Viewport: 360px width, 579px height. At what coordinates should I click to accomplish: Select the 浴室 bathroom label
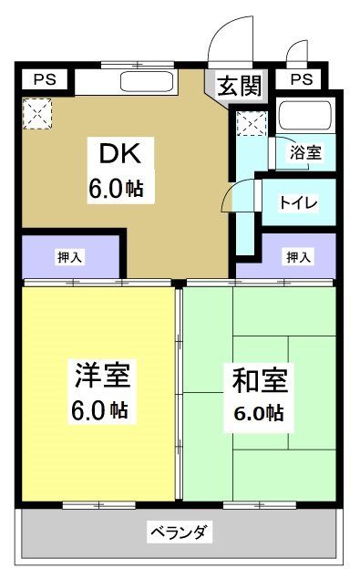(x=305, y=153)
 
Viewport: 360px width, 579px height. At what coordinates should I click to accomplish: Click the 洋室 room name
(x=102, y=374)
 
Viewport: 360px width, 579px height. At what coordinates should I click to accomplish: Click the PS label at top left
(x=44, y=80)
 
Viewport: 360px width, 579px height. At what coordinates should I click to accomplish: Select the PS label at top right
(x=302, y=80)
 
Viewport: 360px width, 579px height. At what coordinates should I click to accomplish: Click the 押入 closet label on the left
(x=69, y=257)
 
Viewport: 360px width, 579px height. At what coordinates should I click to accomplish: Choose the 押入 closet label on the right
(x=298, y=257)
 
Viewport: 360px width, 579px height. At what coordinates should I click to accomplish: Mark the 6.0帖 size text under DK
(x=116, y=190)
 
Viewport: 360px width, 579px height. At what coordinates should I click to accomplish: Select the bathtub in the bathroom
(x=305, y=117)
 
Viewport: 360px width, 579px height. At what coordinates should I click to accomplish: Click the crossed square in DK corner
(x=38, y=114)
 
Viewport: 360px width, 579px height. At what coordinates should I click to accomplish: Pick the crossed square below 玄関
(x=251, y=122)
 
